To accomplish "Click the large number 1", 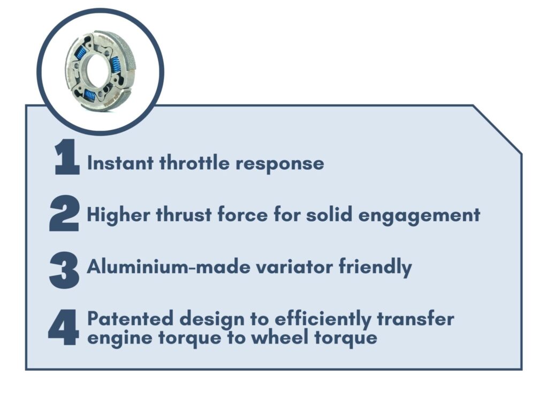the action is click(67, 157).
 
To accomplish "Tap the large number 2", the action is click(64, 213).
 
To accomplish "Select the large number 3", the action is click(64, 270).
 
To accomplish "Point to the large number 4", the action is click(63, 327).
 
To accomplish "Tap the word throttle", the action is click(194, 162).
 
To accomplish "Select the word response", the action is click(279, 164).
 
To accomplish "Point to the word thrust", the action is click(184, 214).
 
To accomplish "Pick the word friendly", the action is click(375, 267).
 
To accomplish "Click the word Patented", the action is click(131, 319).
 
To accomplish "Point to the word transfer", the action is click(415, 319).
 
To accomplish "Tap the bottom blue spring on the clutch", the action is click(90, 94).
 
